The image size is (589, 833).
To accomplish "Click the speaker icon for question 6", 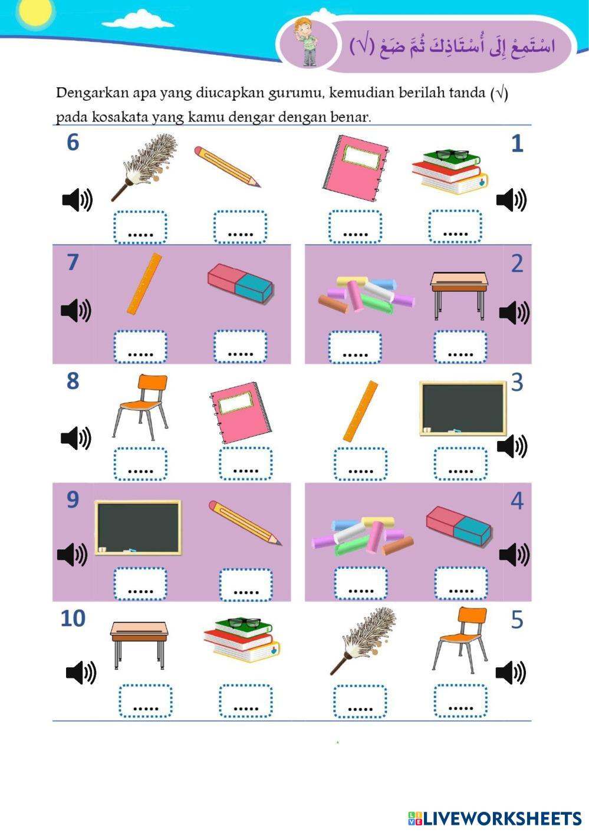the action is tap(77, 200).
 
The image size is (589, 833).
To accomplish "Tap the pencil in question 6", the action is tap(227, 166).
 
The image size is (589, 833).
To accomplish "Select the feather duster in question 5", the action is tap(363, 641).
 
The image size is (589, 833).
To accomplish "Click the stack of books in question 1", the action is tap(450, 172).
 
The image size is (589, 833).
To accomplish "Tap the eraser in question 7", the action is tap(241, 284).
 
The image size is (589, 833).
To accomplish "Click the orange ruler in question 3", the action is tap(360, 410).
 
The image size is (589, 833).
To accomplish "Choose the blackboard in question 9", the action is tap(138, 528).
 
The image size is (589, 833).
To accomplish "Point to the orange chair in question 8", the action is tap(140, 407).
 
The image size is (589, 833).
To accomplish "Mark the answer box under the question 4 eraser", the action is tap(460, 583).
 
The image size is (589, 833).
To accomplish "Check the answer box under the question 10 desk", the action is tap(146, 700).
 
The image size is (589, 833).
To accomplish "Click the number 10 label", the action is tap(73, 619).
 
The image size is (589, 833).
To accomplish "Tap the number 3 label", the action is tap(517, 383).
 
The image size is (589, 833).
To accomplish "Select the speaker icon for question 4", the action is tap(514, 555).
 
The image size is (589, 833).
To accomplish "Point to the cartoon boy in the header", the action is tap(307, 42).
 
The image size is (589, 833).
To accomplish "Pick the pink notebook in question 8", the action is tap(241, 413).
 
